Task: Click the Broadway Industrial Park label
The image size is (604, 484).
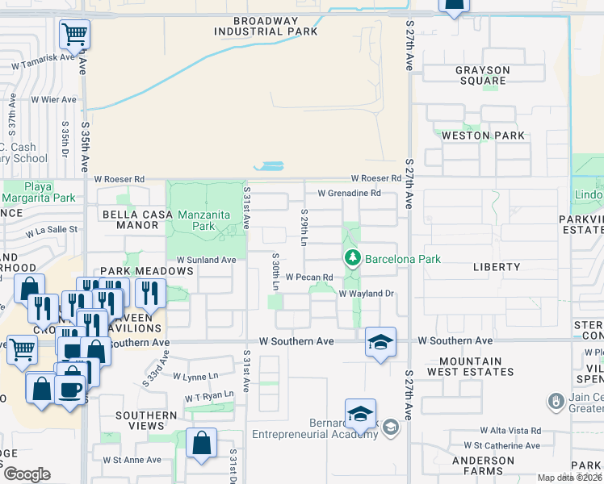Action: pyautogui.click(x=266, y=26)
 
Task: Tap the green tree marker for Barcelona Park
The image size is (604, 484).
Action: pyautogui.click(x=352, y=259)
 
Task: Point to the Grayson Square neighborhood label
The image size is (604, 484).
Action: pyautogui.click(x=482, y=76)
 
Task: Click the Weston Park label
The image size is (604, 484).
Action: pyautogui.click(x=483, y=136)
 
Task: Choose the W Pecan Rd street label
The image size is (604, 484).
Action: pyautogui.click(x=309, y=276)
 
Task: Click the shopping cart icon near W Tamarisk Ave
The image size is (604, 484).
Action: pyautogui.click(x=74, y=35)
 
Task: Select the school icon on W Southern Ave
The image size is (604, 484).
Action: pyautogui.click(x=380, y=342)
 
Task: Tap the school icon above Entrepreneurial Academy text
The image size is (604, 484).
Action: pyautogui.click(x=360, y=415)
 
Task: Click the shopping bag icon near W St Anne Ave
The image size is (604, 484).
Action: pyautogui.click(x=201, y=443)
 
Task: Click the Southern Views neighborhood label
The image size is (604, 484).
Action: pyautogui.click(x=146, y=421)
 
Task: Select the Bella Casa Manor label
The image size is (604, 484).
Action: pyautogui.click(x=133, y=220)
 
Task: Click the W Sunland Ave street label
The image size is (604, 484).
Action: pyautogui.click(x=206, y=261)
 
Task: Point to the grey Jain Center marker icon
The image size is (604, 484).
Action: pyautogui.click(x=555, y=401)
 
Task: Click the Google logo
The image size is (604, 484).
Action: pyautogui.click(x=27, y=474)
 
